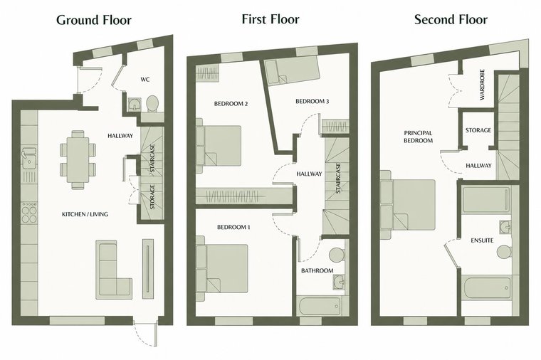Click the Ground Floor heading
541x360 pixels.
tap(94, 20)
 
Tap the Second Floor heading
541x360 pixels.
tap(451, 19)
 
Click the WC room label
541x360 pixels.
tap(145, 80)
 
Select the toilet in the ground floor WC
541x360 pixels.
tap(152, 103)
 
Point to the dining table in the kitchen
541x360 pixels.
tap(78, 159)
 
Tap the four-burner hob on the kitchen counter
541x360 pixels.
tap(29, 212)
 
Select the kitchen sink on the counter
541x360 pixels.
tap(29, 158)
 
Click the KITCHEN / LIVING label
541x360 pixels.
tap(85, 214)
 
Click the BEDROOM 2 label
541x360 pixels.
tap(231, 103)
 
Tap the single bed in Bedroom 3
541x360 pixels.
tap(293, 72)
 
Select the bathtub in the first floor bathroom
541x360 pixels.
tap(320, 305)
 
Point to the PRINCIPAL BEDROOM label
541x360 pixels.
tap(418, 137)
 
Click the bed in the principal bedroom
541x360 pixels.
tap(407, 204)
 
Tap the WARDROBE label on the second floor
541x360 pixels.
tap(482, 85)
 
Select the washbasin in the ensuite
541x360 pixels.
tap(505, 227)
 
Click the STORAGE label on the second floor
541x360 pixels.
tap(478, 130)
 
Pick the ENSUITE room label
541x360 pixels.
tap(482, 240)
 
